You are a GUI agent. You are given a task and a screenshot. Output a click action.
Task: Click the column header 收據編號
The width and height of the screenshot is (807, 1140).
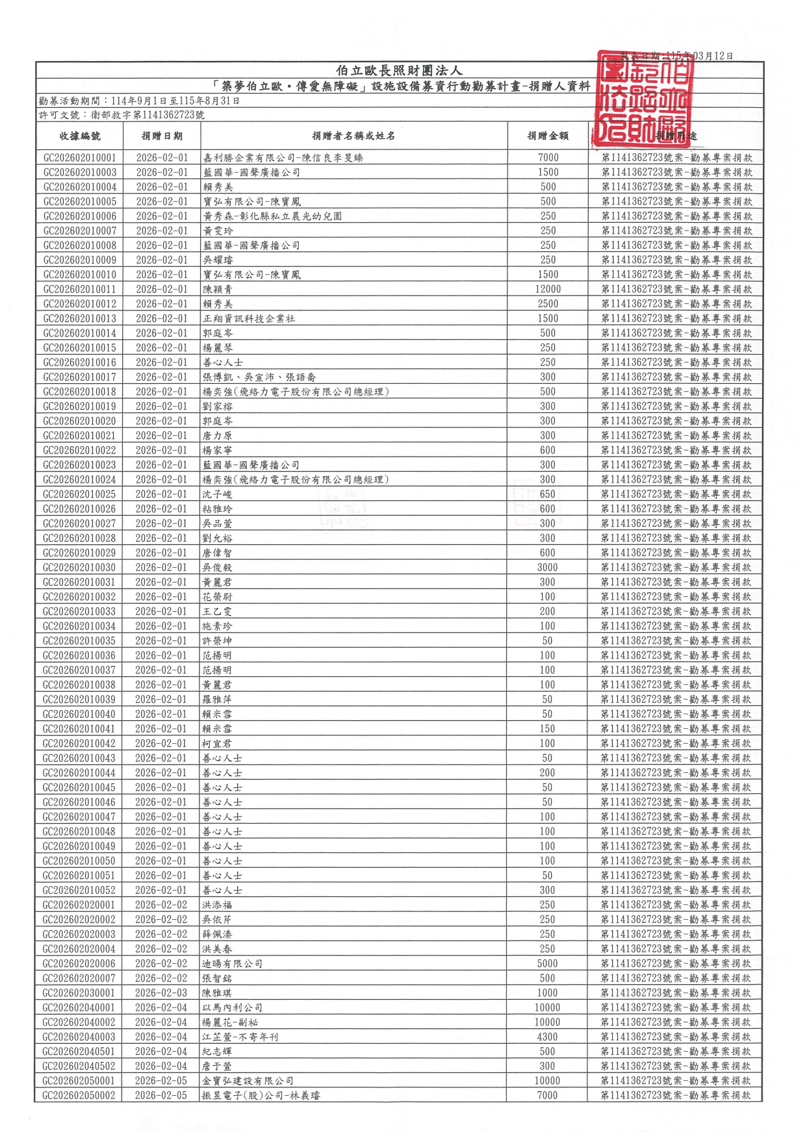(80, 136)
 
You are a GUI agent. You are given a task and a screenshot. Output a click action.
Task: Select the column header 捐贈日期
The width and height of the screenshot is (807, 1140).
(162, 136)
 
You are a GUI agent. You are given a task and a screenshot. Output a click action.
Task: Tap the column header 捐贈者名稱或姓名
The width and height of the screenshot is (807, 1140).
(353, 136)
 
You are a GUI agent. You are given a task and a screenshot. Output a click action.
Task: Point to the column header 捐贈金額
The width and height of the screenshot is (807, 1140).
(548, 136)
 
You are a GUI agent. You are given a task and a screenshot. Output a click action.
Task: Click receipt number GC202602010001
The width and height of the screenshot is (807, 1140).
(80, 158)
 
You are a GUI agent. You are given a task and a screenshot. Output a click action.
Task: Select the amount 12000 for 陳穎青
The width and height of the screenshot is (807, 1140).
(548, 290)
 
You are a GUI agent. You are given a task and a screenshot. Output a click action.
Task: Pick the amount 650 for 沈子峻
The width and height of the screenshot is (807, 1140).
(548, 494)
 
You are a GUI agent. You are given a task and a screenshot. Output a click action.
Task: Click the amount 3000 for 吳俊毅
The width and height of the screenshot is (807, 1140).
(548, 568)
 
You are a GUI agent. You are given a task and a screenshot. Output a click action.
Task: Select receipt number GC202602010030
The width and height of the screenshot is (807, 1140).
(80, 568)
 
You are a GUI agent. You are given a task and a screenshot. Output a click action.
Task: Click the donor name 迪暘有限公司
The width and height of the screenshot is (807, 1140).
(233, 964)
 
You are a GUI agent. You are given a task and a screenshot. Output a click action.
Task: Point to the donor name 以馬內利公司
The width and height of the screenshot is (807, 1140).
(233, 1007)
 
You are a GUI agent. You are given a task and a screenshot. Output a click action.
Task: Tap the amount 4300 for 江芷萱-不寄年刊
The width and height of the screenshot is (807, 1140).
(548, 1037)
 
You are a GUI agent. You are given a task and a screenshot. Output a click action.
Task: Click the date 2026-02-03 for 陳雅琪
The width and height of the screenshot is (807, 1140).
(161, 993)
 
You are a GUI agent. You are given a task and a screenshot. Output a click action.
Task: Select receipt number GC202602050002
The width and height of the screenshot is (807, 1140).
(79, 1096)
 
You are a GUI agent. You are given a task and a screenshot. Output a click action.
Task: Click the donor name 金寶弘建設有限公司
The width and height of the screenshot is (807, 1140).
(248, 1081)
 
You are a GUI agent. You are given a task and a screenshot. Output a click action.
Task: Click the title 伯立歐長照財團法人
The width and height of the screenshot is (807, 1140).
(399, 71)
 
